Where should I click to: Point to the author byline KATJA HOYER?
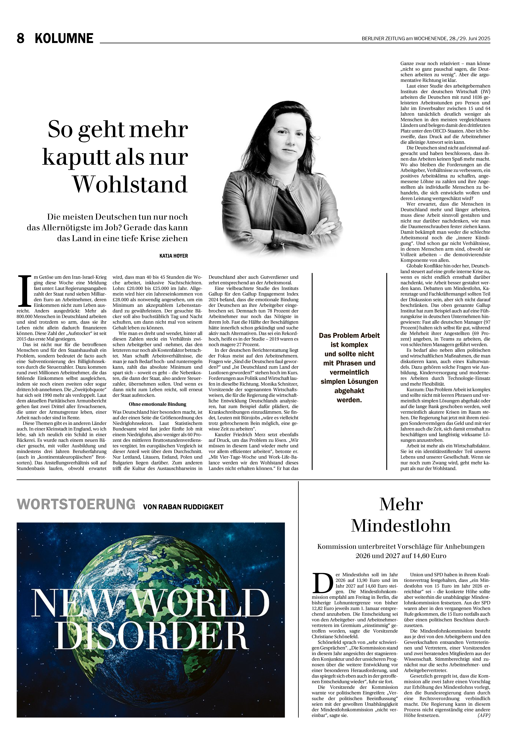point(174,256)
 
